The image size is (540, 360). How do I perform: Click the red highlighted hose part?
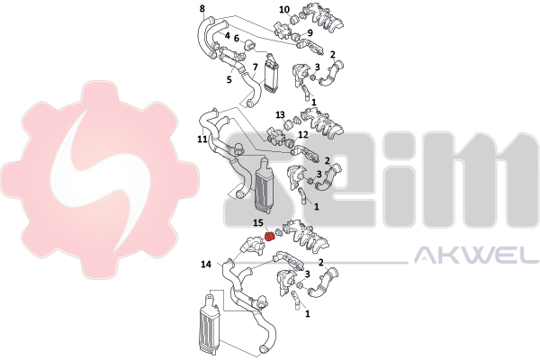pyautogui.click(x=269, y=237)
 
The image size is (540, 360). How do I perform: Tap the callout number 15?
pyautogui.click(x=258, y=223)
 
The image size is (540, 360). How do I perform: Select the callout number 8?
pyautogui.click(x=202, y=8)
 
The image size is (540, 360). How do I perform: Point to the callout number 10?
pyautogui.click(x=284, y=9)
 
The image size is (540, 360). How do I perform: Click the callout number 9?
pyautogui.click(x=310, y=32)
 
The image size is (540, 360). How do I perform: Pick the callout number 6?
pyautogui.click(x=236, y=38)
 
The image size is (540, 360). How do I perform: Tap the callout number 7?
pyautogui.click(x=255, y=67)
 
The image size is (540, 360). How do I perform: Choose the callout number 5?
pyautogui.click(x=229, y=79)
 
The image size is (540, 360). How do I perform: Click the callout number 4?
pyautogui.click(x=228, y=35)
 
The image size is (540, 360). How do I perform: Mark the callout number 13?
pyautogui.click(x=280, y=114)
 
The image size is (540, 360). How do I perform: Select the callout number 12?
pyautogui.click(x=303, y=134)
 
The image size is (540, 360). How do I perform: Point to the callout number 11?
pyautogui.click(x=202, y=139)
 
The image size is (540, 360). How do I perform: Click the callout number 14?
pyautogui.click(x=206, y=265)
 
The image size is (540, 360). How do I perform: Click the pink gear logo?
pyautogui.click(x=100, y=179)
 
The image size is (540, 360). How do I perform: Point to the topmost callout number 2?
pyautogui.click(x=332, y=54)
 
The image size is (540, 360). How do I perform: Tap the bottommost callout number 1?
pyautogui.click(x=308, y=313)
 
